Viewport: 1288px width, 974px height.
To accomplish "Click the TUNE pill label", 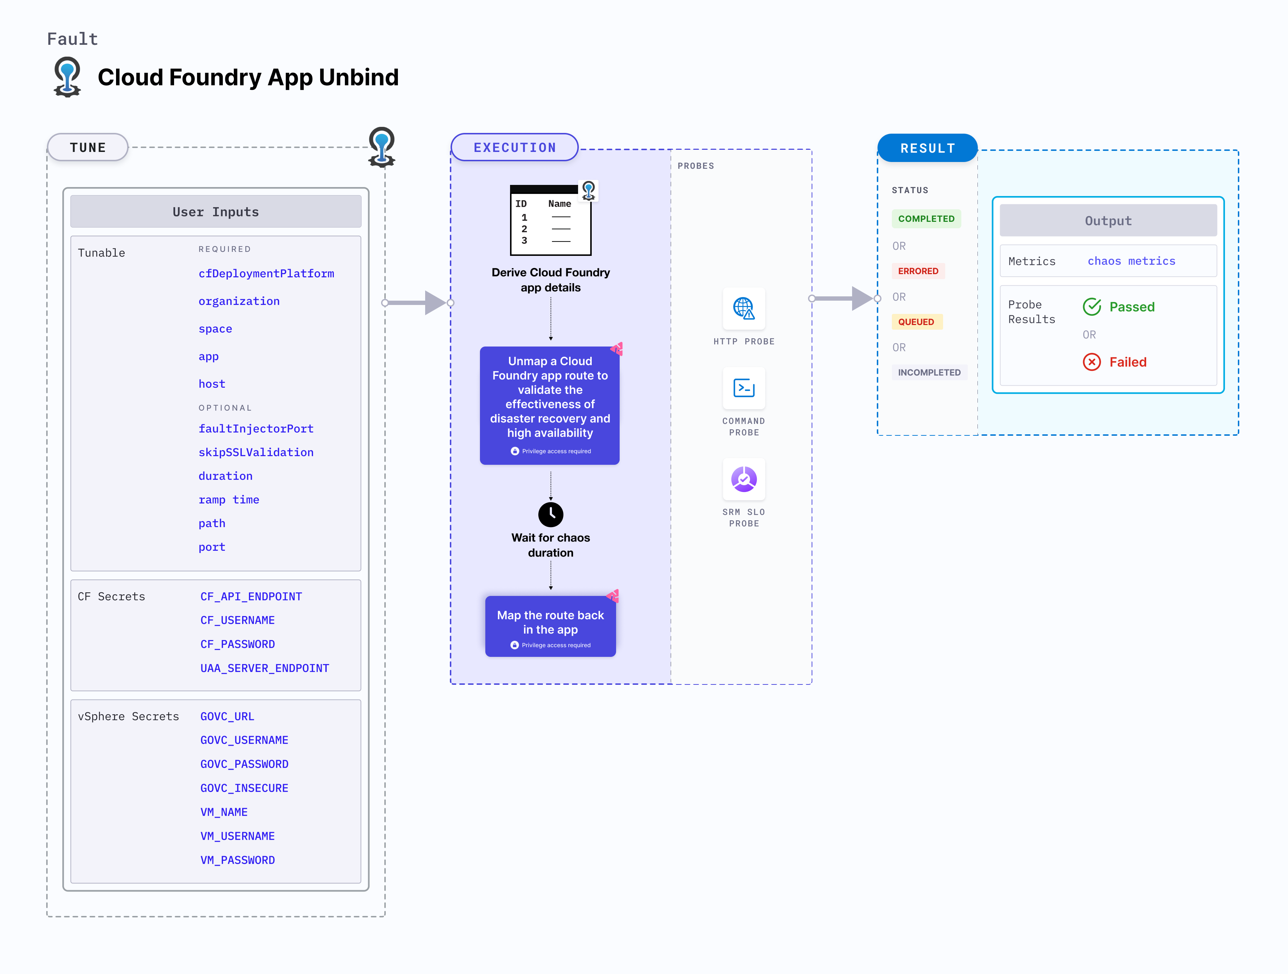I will (87, 147).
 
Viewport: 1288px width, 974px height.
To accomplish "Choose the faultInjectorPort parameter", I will (256, 429).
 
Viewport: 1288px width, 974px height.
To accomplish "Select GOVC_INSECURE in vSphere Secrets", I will (244, 788).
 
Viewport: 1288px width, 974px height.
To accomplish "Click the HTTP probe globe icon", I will (744, 308).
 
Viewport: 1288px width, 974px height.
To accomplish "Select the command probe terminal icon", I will (744, 388).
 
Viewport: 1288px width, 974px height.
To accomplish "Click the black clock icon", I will (550, 514).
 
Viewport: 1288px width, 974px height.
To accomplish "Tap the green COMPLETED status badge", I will (926, 219).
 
